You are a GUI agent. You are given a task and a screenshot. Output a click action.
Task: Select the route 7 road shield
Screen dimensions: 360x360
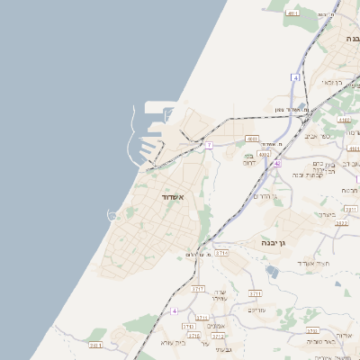(209, 144)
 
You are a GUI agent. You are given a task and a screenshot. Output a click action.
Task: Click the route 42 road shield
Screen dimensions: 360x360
(278, 164)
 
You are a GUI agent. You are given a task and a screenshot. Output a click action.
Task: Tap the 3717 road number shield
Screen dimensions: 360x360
(197, 289)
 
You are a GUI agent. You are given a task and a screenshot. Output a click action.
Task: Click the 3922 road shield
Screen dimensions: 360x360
(328, 223)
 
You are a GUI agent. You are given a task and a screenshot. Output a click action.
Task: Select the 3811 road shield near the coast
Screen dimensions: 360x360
(95, 345)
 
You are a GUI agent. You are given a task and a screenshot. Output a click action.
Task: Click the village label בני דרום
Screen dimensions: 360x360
(249, 159)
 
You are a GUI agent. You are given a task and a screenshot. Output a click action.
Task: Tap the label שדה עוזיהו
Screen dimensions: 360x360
(224, 296)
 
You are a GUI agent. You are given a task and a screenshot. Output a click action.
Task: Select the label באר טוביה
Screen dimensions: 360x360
(320, 341)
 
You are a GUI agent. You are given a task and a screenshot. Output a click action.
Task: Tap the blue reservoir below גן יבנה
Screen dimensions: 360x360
(297, 268)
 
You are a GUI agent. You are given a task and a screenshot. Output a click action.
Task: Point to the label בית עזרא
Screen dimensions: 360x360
(172, 342)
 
